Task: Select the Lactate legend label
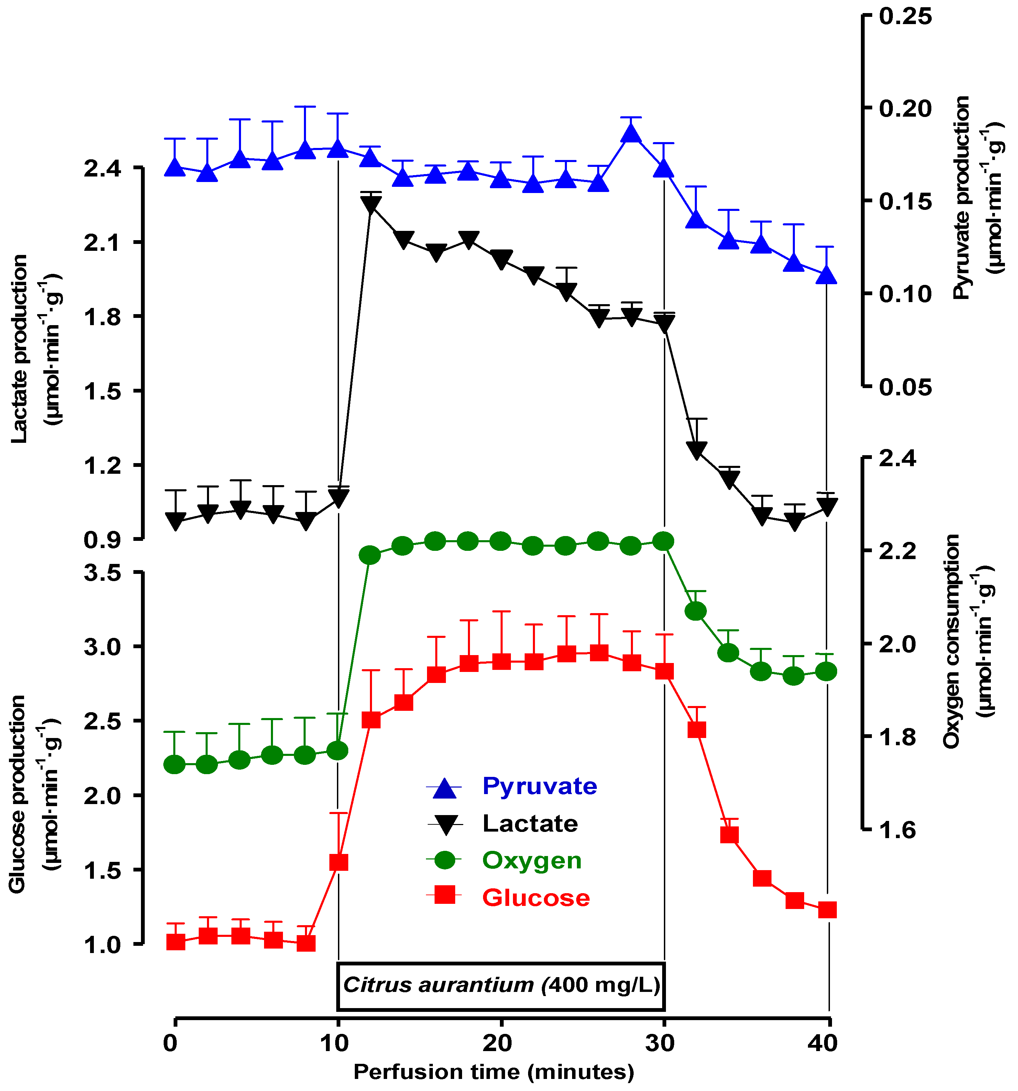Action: pyautogui.click(x=530, y=823)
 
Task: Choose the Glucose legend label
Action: pyautogui.click(x=536, y=898)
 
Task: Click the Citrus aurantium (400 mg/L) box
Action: pyautogui.click(x=501, y=985)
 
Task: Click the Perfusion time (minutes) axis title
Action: pyautogui.click(x=494, y=1072)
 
